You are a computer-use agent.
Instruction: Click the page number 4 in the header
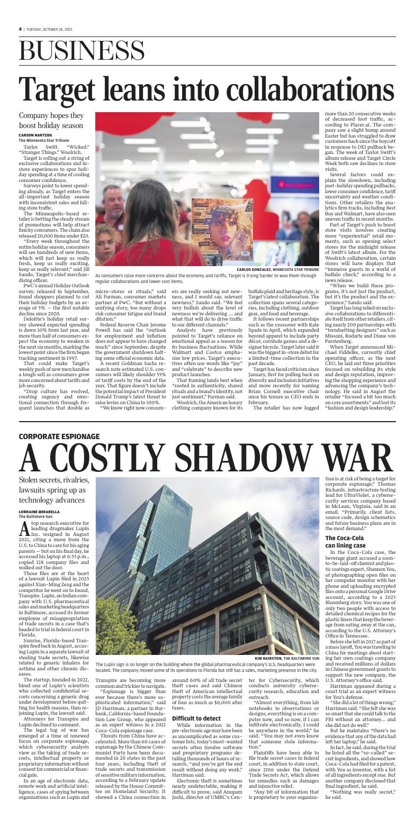pyautogui.click(x=20, y=29)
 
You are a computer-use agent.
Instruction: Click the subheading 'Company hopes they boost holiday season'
pyautogui.click(x=51, y=120)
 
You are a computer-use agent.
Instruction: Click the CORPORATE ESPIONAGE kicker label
pyautogui.click(x=59, y=436)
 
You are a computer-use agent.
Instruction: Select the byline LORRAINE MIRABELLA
pyautogui.click(x=40, y=512)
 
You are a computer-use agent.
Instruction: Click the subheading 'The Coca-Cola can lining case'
pyautogui.click(x=345, y=541)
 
